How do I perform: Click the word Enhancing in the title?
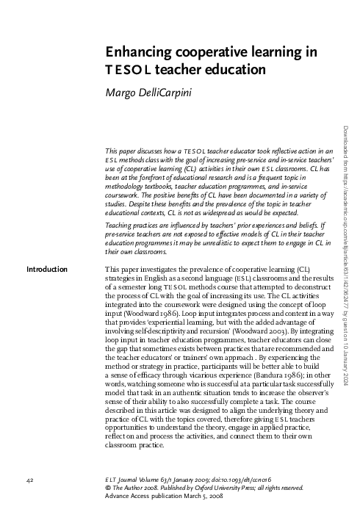pyautogui.click(x=140, y=52)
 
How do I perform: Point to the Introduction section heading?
pyautogui.click(x=47, y=249)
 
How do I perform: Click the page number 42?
pyautogui.click(x=30, y=479)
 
